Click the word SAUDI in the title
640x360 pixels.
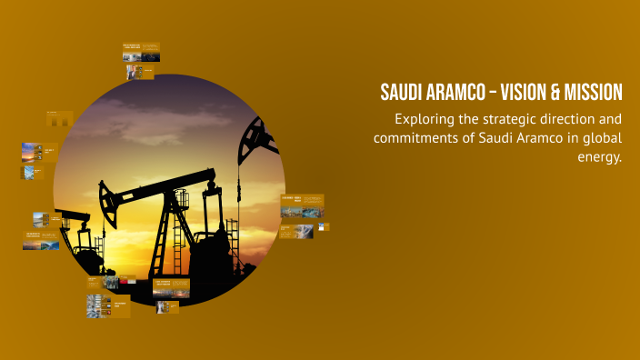402,93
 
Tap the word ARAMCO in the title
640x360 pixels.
455,93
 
